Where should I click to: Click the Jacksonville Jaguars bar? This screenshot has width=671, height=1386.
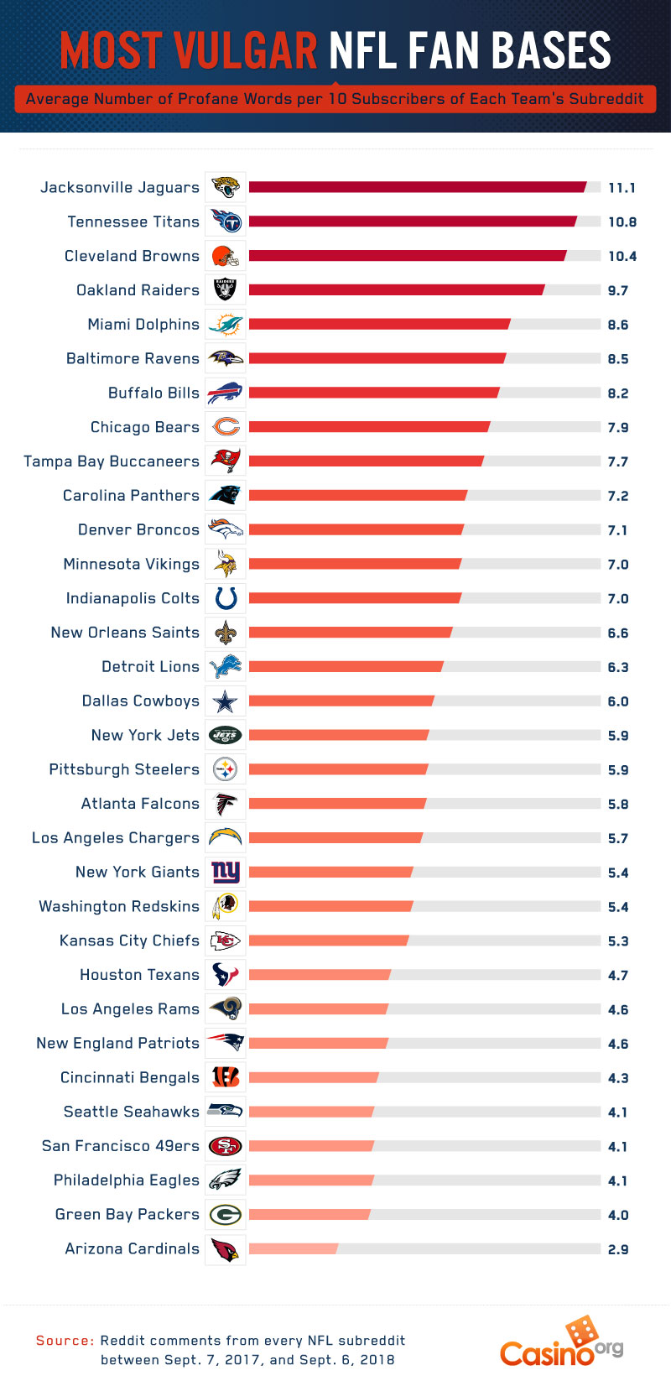[x=417, y=187]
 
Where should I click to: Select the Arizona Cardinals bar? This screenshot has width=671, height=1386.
[x=294, y=1248]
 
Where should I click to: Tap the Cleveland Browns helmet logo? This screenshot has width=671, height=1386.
[x=226, y=256]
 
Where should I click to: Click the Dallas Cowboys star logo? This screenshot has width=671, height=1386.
[x=226, y=701]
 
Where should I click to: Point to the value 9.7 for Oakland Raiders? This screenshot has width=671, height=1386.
[x=618, y=290]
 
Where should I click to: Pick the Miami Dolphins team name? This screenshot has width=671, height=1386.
[x=143, y=325]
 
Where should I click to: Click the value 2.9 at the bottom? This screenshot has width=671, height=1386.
[x=618, y=1249]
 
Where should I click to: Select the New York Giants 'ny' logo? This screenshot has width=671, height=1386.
[x=226, y=872]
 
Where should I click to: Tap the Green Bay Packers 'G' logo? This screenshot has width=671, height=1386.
[x=226, y=1214]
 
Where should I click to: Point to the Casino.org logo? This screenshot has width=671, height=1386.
[x=561, y=1342]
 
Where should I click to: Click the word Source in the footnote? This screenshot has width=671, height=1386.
[x=65, y=1341]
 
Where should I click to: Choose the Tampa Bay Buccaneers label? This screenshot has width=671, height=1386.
[x=112, y=461]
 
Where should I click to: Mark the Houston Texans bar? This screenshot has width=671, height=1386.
[x=320, y=975]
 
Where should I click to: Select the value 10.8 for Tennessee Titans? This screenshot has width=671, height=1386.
[x=622, y=222]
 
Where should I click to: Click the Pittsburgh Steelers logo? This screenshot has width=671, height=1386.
[x=226, y=769]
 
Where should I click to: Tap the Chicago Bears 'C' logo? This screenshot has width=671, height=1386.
[x=226, y=427]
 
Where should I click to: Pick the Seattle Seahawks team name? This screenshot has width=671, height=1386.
[x=132, y=1112]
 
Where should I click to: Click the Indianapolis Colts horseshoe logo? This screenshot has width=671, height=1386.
[x=226, y=598]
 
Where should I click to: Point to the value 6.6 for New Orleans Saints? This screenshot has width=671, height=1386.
[x=618, y=633]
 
